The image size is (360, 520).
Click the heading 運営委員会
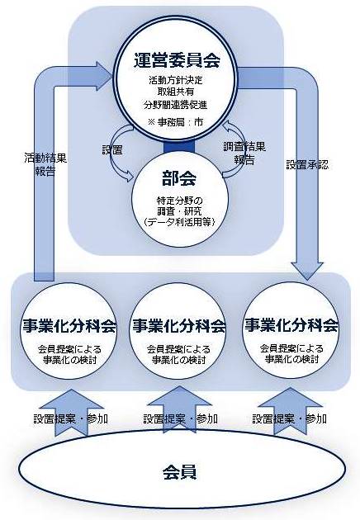coord(178,59)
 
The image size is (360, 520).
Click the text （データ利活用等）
coord(179,222)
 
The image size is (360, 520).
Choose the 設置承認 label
coord(308,165)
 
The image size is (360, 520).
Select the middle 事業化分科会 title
coord(179,324)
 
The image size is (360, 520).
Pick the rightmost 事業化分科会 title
coord(291,324)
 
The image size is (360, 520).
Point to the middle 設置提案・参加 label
coord(180,418)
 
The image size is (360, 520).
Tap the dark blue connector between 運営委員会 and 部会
coord(178,146)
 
